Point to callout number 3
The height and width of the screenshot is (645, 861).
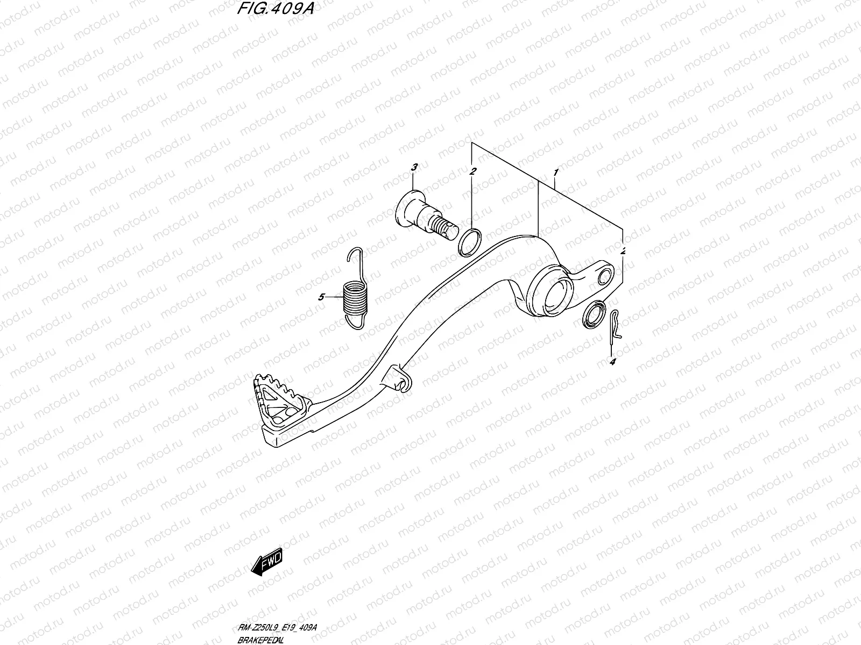[x=414, y=168]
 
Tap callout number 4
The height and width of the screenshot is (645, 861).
[x=612, y=362]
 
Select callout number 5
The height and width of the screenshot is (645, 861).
[x=321, y=297]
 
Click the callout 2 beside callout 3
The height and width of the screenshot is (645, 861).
[x=472, y=171]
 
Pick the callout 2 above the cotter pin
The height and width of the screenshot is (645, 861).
[x=623, y=251]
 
